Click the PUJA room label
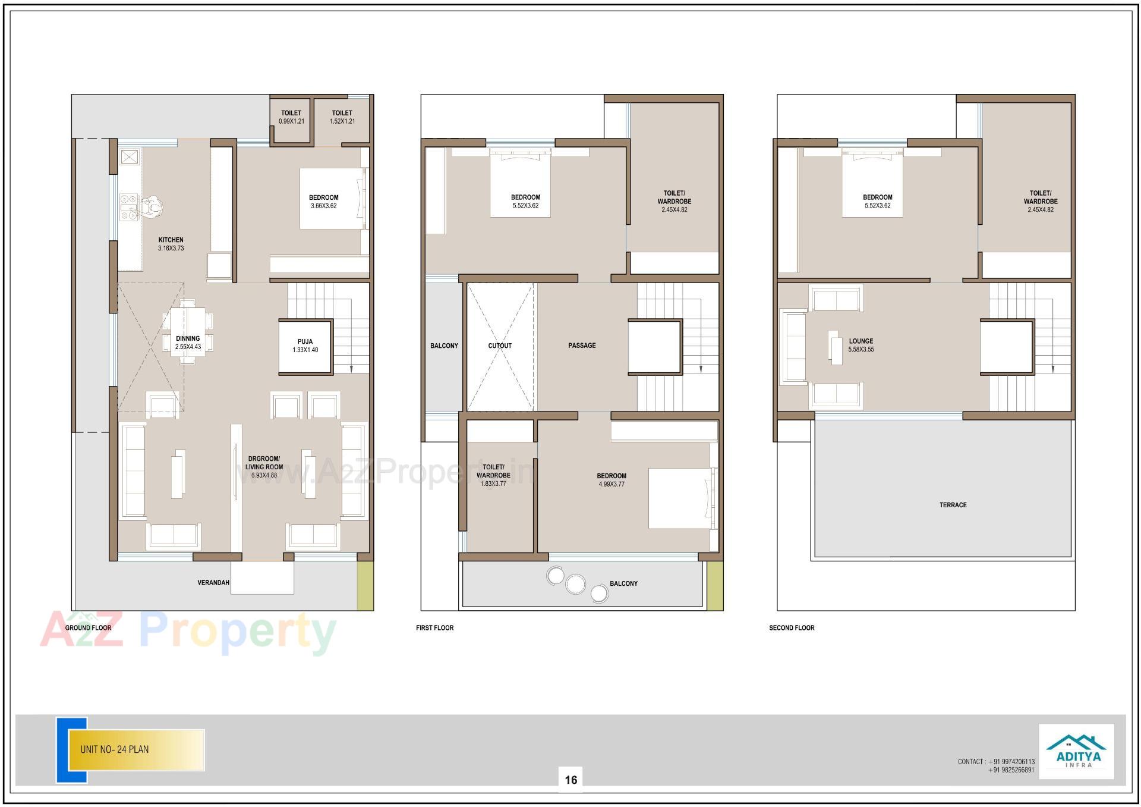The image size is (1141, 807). tap(305, 346)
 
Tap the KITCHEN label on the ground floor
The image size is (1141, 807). tap(171, 240)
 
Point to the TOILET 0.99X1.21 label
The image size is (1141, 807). tap(291, 117)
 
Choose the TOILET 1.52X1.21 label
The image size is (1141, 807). tap(342, 117)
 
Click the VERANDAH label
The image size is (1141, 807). tap(213, 583)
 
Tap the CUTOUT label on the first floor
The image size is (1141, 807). tap(500, 346)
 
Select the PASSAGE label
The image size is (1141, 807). tap(582, 346)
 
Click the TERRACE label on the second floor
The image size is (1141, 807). tap(953, 505)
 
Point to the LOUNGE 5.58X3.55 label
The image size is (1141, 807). tap(861, 345)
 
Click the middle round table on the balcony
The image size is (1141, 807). tap(575, 584)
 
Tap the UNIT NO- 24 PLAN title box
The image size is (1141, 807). tap(137, 749)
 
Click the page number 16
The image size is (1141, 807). tap(571, 780)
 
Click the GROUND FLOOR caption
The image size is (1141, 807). tap(88, 628)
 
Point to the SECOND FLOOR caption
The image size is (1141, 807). tap(792, 628)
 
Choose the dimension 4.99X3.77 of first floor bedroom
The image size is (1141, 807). tap(612, 485)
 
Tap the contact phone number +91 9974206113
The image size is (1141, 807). tap(1011, 761)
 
